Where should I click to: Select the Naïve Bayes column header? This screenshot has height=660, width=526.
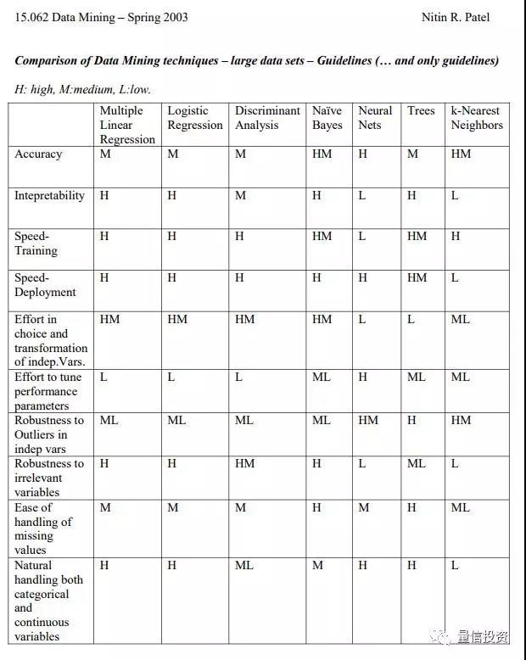pos(327,118)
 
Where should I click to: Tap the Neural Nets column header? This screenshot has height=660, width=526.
pos(375,118)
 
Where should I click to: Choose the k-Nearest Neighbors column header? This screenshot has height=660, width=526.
pos(477,118)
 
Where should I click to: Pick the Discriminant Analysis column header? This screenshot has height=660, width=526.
pos(267,118)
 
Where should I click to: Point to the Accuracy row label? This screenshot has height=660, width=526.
pos(38,154)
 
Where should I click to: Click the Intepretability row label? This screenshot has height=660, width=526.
pos(49,196)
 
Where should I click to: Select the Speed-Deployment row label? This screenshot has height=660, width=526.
pos(45,285)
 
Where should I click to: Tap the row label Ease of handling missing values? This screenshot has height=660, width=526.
pos(43,528)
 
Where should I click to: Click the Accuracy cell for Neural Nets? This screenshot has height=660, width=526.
pos(363,154)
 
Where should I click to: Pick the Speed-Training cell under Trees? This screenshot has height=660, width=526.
pos(417,237)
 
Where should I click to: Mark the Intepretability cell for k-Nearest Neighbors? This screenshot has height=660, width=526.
pos(455,196)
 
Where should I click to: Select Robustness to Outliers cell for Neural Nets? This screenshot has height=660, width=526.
pos(368,421)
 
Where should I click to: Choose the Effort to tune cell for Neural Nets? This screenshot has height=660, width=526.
pos(363,378)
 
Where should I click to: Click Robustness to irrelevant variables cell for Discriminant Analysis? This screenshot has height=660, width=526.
pos(244,464)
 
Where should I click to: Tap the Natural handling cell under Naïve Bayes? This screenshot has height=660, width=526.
pos(317,566)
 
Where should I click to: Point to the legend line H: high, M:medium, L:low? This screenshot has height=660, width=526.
pos(83,89)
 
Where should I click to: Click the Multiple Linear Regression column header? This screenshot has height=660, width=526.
pos(127,125)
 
